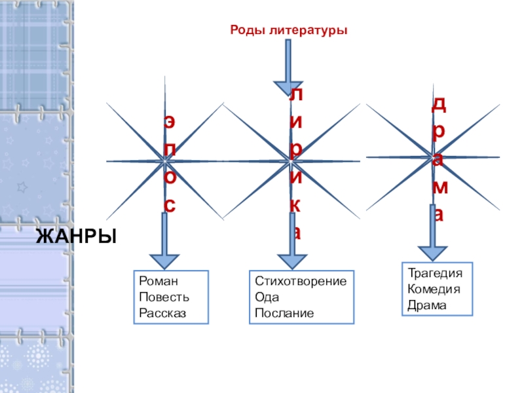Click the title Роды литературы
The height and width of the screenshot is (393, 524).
click(288, 30)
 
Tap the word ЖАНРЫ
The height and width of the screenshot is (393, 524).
click(75, 235)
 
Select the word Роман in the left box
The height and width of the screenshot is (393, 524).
click(154, 281)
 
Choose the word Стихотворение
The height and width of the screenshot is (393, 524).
click(301, 281)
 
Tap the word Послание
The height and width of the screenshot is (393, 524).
click(284, 313)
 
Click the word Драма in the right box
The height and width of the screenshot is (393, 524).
click(426, 305)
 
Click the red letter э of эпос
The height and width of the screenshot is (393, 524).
click(170, 122)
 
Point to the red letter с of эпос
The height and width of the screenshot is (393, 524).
click(170, 206)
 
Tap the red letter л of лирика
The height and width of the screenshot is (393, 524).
click(296, 95)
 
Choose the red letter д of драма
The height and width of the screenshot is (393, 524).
click(439, 104)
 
